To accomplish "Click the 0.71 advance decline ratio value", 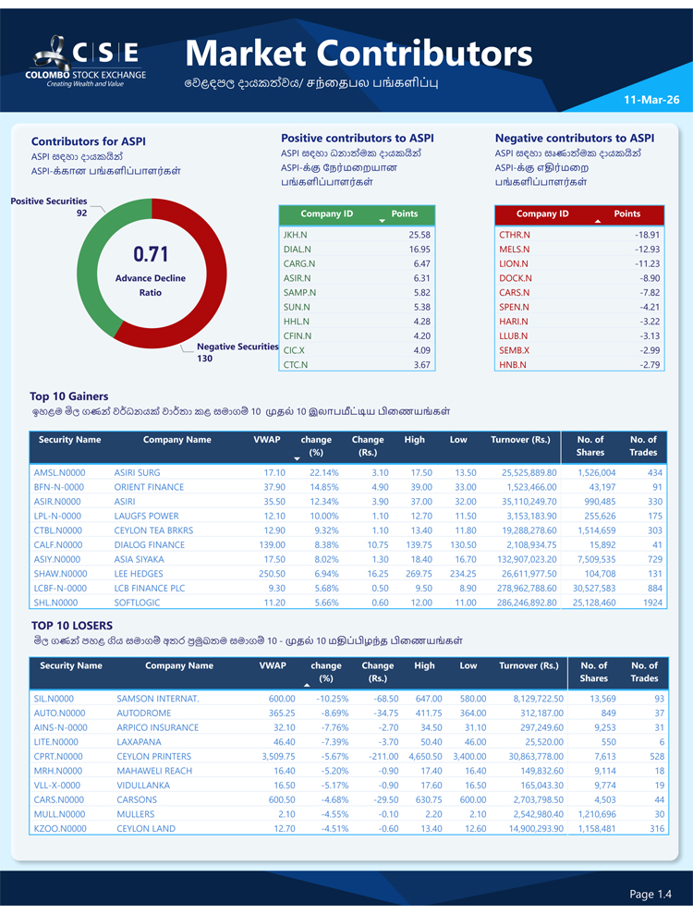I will tap(151, 253).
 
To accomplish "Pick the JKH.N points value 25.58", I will tap(419, 235).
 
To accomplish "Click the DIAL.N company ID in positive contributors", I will tap(297, 250).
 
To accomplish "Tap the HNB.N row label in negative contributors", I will tap(512, 365).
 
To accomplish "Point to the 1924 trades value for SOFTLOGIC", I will tap(652, 603).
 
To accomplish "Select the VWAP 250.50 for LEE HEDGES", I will tap(269, 573).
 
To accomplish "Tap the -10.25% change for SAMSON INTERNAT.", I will tap(329, 699).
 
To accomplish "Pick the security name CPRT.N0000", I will tap(58, 756).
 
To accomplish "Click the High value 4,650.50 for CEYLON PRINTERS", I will tap(419, 756).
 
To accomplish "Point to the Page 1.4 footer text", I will tap(650, 894).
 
